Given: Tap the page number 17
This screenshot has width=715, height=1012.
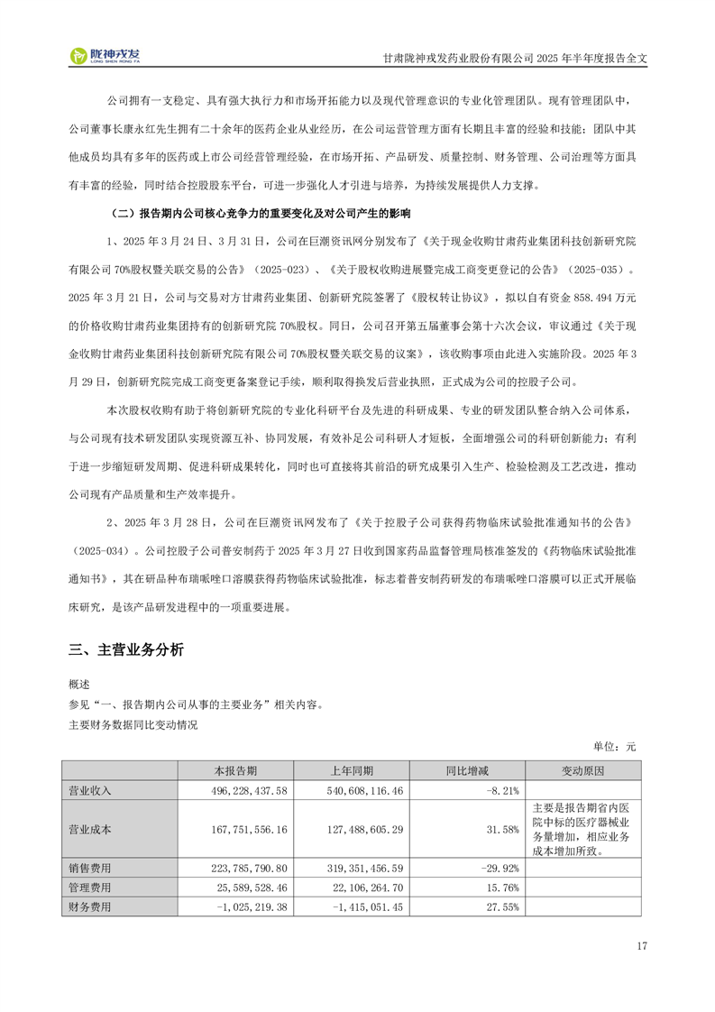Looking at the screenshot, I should click(641, 946).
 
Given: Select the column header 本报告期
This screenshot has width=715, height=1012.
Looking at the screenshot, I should click(235, 771).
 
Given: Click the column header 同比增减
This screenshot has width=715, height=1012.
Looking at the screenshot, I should click(467, 771).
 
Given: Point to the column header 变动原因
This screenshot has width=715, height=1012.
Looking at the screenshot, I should click(583, 771).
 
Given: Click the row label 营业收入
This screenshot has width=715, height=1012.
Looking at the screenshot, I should click(90, 790).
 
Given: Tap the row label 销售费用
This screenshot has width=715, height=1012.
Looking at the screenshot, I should click(90, 868).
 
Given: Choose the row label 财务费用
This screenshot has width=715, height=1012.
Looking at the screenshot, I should click(90, 906).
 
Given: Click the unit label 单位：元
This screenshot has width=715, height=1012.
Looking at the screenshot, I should click(615, 746).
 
